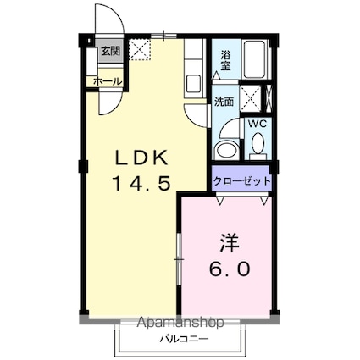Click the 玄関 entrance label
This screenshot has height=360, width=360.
(x=110, y=51)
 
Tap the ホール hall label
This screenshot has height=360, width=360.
(x=107, y=81)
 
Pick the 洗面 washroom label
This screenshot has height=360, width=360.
(x=224, y=102)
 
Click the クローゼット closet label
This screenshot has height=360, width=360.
(x=241, y=181)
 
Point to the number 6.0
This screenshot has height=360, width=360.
(x=229, y=269)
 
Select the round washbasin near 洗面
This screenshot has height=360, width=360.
(x=226, y=150)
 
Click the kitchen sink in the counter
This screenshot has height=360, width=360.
(x=192, y=83)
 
